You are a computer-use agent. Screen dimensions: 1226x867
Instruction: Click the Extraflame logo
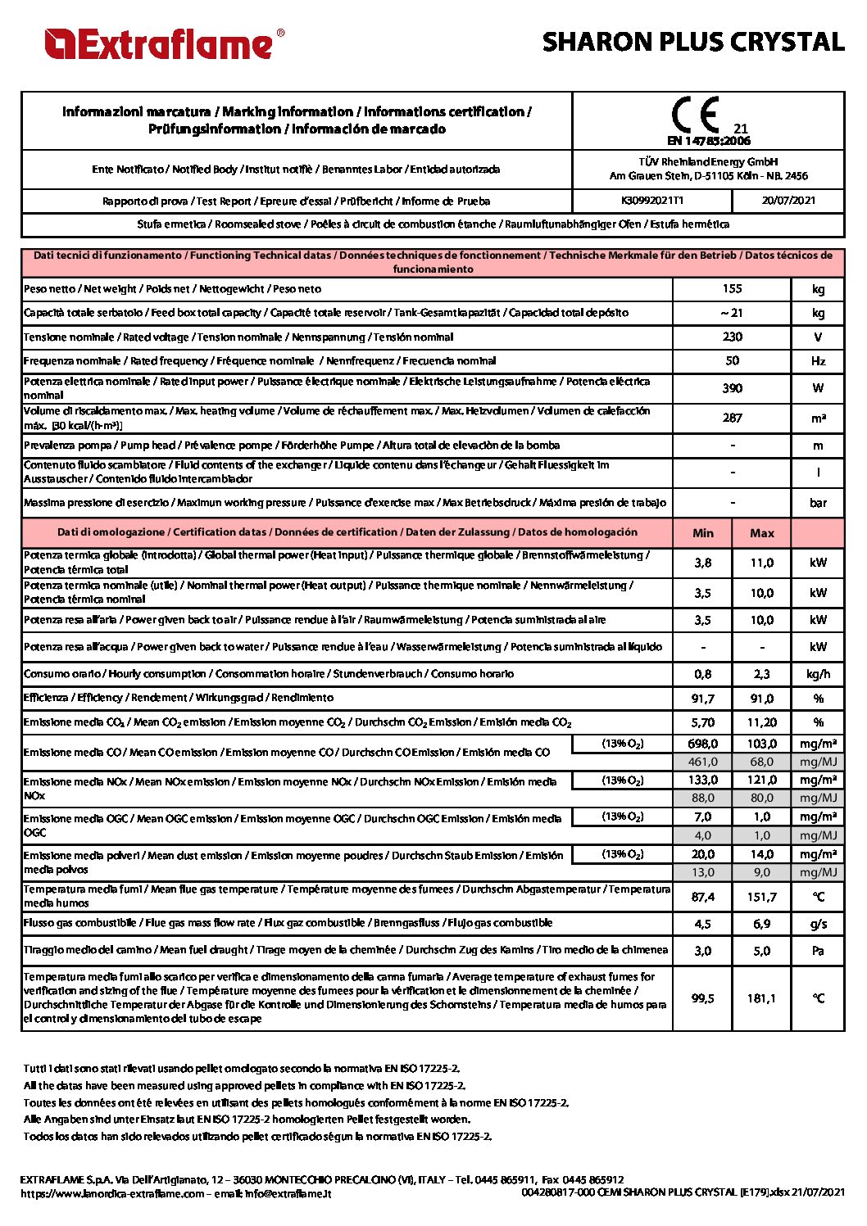click(165, 44)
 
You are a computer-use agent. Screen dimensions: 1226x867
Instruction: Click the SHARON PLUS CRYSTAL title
click(692, 42)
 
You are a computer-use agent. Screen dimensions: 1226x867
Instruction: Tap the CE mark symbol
click(696, 115)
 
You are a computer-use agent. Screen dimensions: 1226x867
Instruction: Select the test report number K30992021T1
click(652, 201)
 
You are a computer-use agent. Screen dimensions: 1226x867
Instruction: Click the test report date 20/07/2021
click(788, 201)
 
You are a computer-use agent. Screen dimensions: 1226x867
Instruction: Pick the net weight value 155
click(732, 289)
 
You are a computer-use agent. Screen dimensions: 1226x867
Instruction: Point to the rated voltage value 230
click(732, 337)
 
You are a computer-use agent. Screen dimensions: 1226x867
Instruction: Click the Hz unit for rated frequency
click(818, 361)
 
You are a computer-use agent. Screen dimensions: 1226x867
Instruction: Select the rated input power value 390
click(732, 388)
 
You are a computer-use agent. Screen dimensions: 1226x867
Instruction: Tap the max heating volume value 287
click(732, 418)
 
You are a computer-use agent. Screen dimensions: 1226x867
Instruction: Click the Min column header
click(703, 533)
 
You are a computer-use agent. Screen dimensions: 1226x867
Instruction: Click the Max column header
click(762, 533)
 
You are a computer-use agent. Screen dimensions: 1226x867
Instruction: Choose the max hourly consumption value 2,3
click(762, 674)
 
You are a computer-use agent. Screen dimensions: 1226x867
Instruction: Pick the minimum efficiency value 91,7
click(703, 699)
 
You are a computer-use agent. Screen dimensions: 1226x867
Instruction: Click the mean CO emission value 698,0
click(703, 744)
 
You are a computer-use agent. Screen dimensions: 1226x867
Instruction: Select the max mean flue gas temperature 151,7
click(762, 897)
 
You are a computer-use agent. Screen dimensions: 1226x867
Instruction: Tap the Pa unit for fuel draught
click(818, 951)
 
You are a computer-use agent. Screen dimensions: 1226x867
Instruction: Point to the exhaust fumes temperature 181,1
click(762, 998)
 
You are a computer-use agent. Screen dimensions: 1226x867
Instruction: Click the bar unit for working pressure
click(818, 503)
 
